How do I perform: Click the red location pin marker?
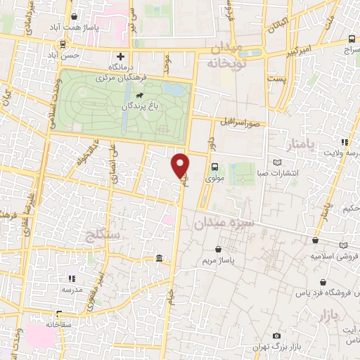click(181, 165)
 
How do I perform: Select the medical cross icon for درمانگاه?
click(120, 56)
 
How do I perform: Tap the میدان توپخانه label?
click(225, 56)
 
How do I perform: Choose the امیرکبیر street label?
click(290, 50)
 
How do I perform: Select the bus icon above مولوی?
click(214, 167)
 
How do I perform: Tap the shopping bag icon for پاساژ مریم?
click(220, 249)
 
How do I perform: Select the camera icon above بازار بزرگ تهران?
click(276, 336)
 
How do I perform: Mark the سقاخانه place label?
click(60, 325)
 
